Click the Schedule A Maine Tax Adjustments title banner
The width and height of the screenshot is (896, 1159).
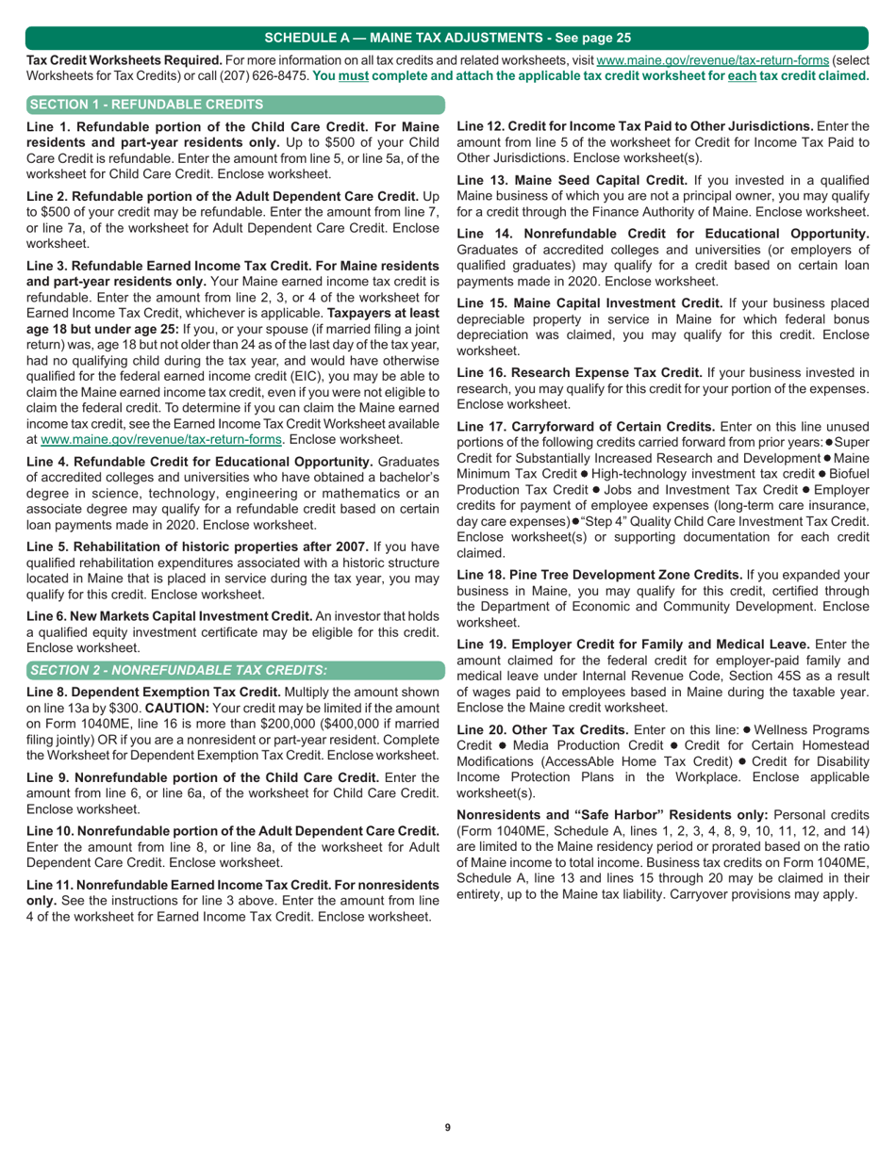pyautogui.click(x=448, y=38)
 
